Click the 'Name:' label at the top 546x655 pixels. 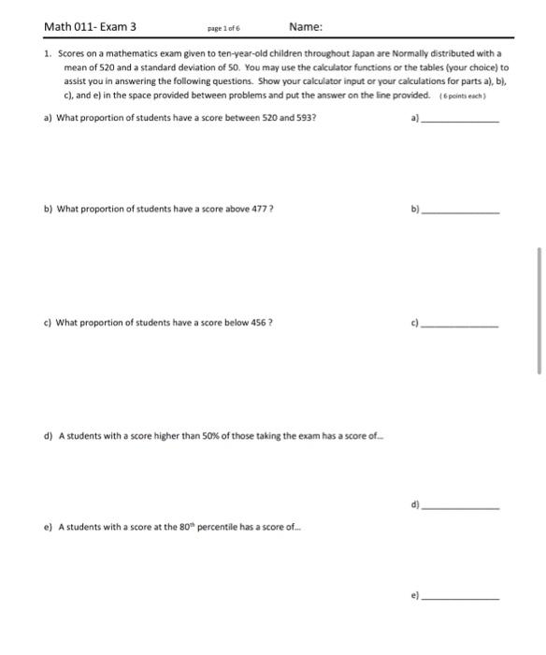coord(306,26)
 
